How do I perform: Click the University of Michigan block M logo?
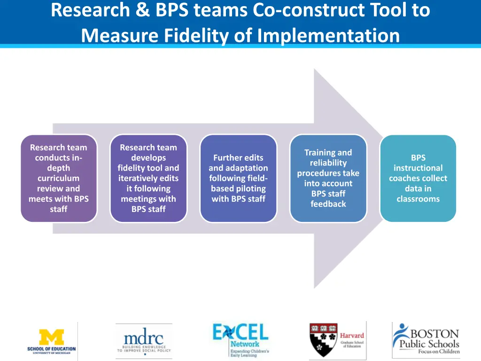51,337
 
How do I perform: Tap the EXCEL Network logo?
240,339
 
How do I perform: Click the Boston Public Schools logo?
426,338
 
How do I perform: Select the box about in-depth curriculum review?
59,178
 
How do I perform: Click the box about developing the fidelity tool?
148,178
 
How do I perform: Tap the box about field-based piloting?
238,178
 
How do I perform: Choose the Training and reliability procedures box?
328,178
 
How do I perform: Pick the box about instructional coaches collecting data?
418,178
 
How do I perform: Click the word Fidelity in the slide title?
185,35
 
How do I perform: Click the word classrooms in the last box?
418,199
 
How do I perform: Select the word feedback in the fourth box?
328,204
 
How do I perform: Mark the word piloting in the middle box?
250,188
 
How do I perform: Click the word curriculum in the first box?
59,178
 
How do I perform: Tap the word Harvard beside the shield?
352,336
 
